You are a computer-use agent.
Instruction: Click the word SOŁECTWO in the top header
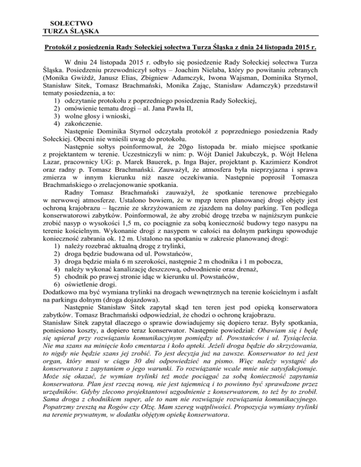pyautogui.click(x=74, y=22)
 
